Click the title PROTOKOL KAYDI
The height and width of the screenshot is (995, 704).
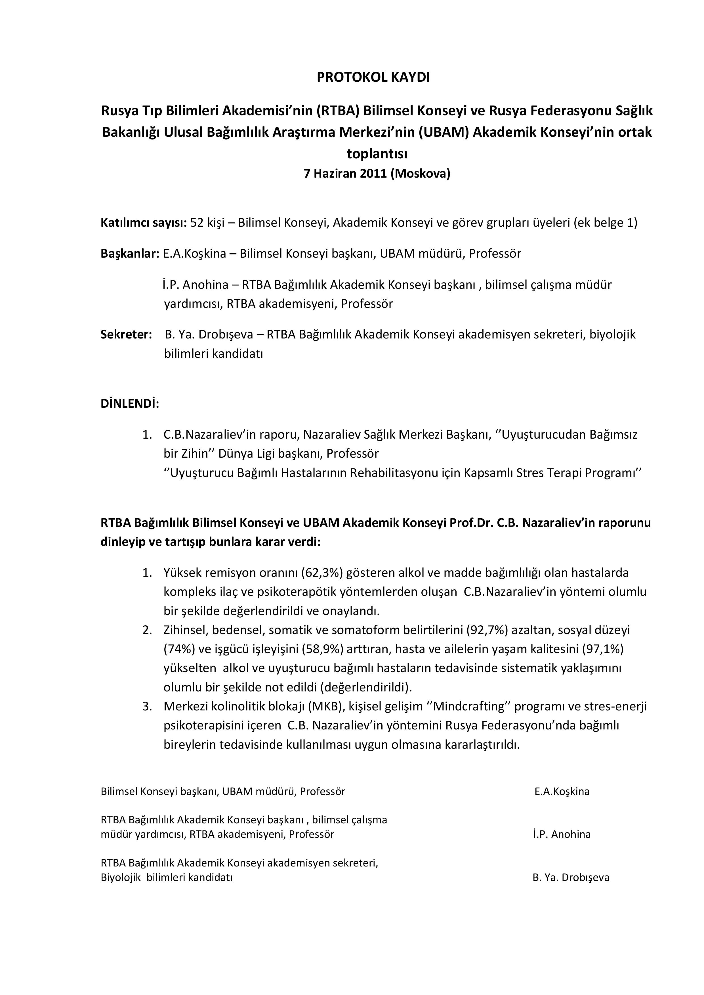click(373, 77)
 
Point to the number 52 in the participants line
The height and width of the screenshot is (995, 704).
click(197, 223)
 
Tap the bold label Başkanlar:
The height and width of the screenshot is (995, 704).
click(130, 254)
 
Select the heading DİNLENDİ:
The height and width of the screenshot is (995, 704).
click(130, 404)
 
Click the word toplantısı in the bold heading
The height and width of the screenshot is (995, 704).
click(377, 153)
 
